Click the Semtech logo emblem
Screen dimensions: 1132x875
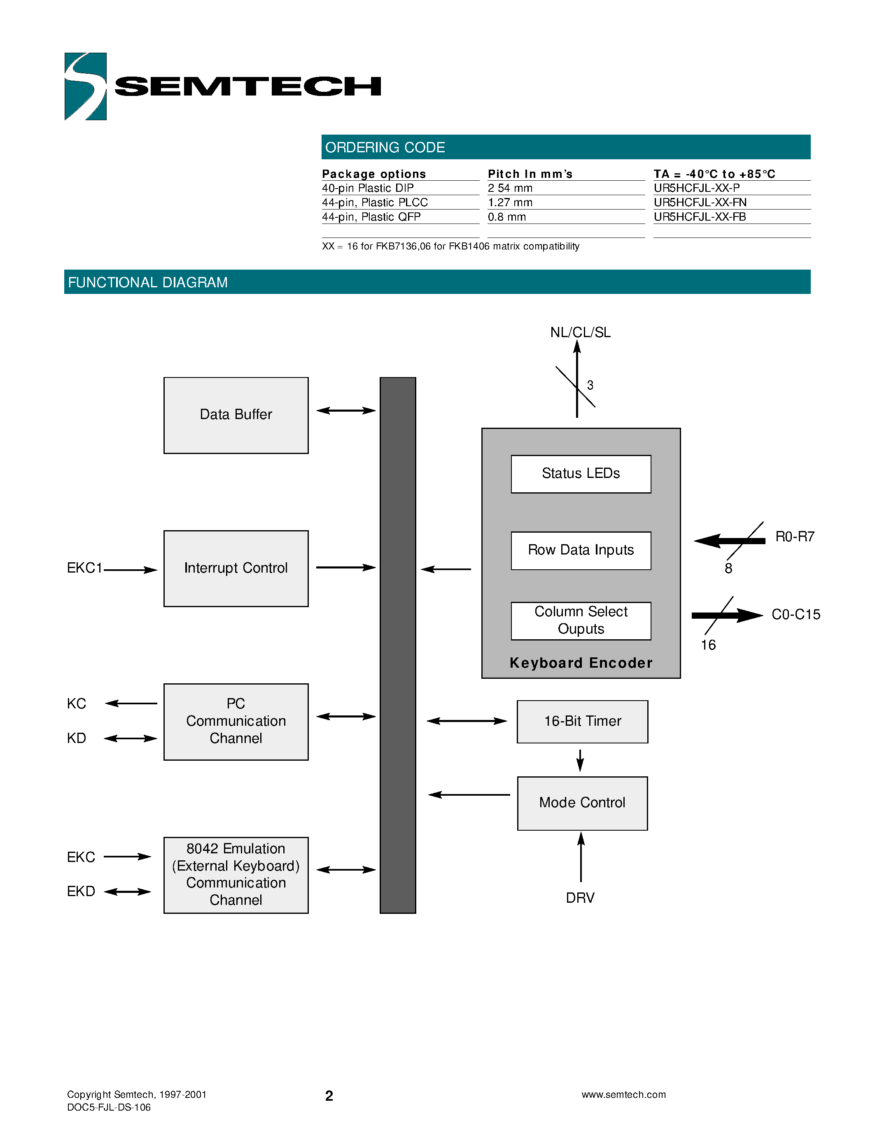86,86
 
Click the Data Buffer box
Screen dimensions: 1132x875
236,415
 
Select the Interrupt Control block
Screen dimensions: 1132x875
236,568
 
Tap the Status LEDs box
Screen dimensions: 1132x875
581,474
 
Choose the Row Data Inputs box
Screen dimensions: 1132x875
581,550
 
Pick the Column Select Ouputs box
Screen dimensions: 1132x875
581,620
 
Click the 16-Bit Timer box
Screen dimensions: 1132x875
582,722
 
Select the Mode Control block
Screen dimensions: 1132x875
582,803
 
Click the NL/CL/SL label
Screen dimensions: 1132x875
580,332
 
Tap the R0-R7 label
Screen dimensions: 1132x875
795,536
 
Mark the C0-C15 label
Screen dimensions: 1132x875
796,615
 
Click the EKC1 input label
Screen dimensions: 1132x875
84,568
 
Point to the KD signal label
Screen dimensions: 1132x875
76,738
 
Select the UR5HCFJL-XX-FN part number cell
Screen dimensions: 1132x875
700,203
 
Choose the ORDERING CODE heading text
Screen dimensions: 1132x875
385,148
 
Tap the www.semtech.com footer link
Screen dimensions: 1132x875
623,1094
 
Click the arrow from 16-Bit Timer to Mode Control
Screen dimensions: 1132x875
580,760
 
